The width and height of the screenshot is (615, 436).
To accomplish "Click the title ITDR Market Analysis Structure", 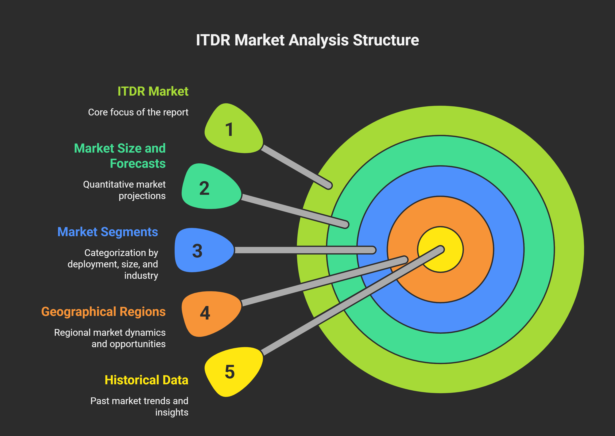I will (307, 40).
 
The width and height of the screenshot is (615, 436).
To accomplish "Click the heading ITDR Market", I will (153, 91).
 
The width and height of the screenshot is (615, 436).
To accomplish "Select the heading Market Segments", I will (108, 232).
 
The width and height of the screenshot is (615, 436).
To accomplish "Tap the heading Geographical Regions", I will (103, 311).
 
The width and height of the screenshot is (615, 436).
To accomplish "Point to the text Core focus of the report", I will (138, 112).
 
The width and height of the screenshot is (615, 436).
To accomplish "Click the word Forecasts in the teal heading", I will (138, 164).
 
